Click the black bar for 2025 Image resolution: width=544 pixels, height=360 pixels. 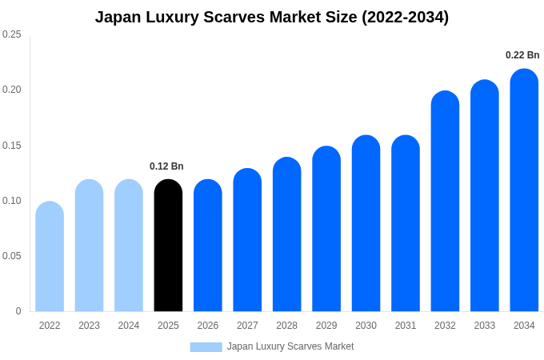(168, 246)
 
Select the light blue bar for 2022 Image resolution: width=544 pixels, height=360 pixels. (50, 257)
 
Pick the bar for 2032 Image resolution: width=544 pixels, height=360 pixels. (445, 202)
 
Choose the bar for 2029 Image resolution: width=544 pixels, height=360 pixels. (326, 229)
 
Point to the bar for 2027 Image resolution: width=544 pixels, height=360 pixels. (247, 240)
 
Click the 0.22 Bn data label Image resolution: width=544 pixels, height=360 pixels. (522, 55)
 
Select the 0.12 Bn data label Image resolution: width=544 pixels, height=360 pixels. (166, 166)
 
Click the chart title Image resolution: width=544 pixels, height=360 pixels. (272, 17)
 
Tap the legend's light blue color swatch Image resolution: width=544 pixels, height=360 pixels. (206, 346)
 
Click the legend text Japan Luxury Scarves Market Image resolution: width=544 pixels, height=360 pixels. (290, 346)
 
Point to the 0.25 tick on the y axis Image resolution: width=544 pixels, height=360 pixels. (12, 34)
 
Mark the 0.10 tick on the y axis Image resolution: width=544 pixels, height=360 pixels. (12, 201)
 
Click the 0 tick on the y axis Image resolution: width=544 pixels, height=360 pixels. (18, 311)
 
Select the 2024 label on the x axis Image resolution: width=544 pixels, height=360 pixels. (129, 326)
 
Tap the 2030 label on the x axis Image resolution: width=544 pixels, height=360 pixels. (366, 326)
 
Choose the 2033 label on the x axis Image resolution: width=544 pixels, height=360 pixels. (485, 326)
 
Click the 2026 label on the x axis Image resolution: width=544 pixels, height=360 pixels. (208, 326)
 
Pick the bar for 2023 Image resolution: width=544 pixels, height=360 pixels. (89, 246)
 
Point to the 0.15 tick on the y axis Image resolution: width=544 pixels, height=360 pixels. (12, 146)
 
